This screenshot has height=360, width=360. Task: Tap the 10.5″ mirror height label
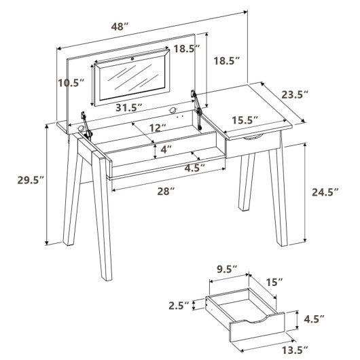70,82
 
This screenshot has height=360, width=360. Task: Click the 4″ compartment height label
165,149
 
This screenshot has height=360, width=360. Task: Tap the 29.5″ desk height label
29,180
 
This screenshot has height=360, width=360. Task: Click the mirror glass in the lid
132,80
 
